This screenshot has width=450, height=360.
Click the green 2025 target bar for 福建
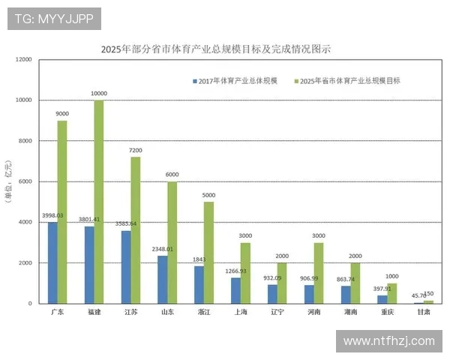point(99,202)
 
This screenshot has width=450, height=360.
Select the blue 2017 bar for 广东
point(52,262)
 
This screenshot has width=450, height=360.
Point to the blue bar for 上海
point(235,290)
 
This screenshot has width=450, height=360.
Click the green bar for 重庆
point(391,293)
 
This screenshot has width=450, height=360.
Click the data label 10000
point(99,94)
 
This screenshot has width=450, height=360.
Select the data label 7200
point(135,151)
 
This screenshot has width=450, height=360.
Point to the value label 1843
point(199,259)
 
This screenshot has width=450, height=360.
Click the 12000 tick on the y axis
point(24,59)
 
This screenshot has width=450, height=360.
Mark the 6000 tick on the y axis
point(25,181)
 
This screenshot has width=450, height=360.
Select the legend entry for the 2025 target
point(349,80)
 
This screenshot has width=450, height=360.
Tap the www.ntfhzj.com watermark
point(388,341)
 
